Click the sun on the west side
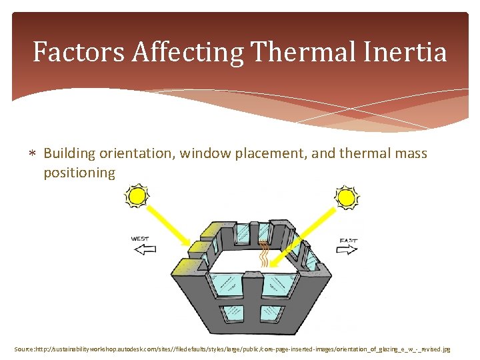click(x=137, y=197)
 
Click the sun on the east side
click(x=347, y=197)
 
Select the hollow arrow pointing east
click(x=347, y=250)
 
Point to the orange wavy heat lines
click(x=264, y=253)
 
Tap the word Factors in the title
click(x=79, y=52)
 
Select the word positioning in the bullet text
click(x=79, y=173)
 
